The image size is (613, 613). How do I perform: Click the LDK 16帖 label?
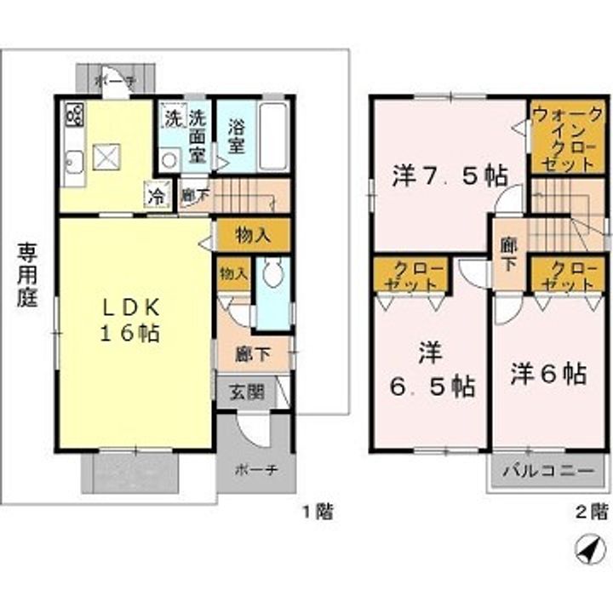(x=133, y=320)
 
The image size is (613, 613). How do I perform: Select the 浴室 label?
(x=237, y=135)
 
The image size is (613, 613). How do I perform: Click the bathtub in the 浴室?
(x=273, y=137)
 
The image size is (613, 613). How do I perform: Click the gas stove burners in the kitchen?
(x=73, y=114)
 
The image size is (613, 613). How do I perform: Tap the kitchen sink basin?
(x=74, y=162)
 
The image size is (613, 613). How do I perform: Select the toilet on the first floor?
(x=273, y=273)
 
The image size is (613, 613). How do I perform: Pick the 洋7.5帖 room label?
(x=450, y=176)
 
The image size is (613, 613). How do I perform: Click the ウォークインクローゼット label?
(x=566, y=138)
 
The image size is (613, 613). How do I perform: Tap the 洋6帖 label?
(x=548, y=374)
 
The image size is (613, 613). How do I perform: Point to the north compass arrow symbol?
(x=587, y=551)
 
